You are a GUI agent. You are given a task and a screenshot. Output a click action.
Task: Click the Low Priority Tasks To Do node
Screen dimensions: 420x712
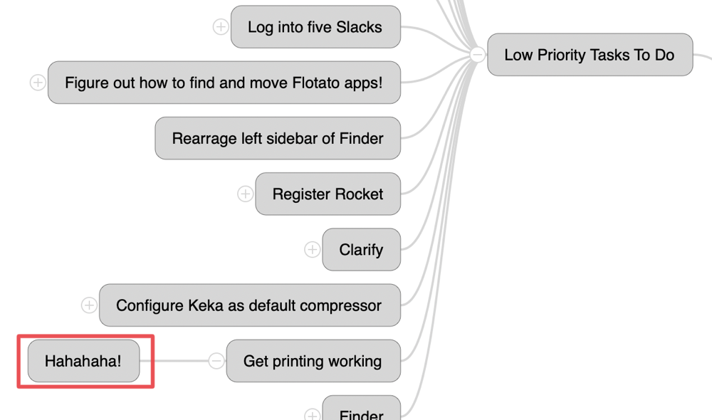590,55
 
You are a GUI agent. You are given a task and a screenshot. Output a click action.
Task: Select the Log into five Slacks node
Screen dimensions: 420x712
315,27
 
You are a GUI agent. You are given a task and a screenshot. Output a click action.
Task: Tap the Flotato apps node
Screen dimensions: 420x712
224,83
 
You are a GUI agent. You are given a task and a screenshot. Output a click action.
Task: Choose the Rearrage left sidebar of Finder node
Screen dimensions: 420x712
278,138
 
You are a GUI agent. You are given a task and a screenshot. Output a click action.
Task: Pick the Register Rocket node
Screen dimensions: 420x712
328,194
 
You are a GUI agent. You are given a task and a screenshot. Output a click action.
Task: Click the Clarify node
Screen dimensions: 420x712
361,250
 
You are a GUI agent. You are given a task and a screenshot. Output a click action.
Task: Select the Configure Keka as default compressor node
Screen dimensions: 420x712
249,305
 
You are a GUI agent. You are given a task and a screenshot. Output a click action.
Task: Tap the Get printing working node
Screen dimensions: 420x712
313,361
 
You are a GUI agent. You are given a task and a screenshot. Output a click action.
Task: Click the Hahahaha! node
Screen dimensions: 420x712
83,361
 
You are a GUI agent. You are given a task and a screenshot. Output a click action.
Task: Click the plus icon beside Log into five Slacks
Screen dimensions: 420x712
221,27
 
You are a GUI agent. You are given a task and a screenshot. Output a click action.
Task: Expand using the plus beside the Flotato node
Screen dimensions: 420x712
38,83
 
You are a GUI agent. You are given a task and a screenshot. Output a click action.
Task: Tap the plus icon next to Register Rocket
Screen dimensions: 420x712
245,194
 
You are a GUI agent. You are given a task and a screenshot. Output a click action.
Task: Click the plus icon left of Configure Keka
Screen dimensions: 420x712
89,305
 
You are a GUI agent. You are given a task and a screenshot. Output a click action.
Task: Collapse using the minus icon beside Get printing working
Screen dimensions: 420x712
216,361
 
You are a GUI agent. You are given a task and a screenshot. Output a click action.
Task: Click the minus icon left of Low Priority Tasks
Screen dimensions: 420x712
477,55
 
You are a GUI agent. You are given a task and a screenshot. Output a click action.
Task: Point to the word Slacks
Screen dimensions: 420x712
359,27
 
